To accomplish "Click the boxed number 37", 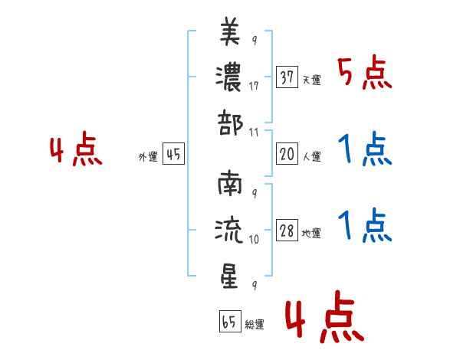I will coord(287,77).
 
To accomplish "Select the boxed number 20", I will coord(287,154).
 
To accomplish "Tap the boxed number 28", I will coord(287,231).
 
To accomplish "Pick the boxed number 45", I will coord(173,155).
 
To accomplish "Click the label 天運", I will coord(312,80).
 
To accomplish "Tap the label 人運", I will coord(312,157).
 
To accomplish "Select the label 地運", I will coord(312,234).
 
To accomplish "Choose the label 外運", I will coord(148,157).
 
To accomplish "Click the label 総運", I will coord(255,325).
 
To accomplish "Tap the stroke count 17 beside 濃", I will coord(254,87).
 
